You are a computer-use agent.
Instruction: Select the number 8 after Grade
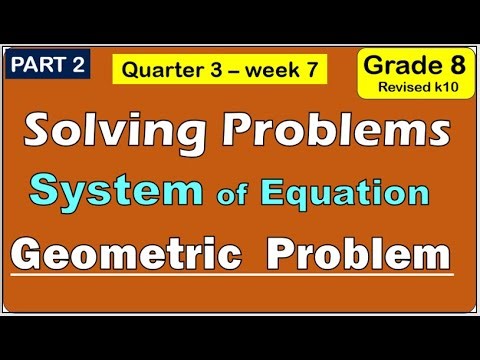(x=444, y=66)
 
